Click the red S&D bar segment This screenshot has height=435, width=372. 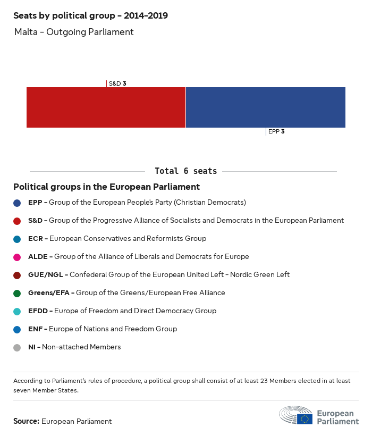tap(106, 107)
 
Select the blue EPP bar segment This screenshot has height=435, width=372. tap(266, 107)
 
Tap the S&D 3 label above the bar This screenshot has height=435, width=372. tap(117, 83)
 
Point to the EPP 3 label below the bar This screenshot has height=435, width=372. tap(276, 131)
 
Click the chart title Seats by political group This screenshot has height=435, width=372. tap(90, 16)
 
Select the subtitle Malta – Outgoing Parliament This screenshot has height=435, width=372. tap(74, 32)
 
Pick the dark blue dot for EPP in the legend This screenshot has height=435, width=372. tap(17, 203)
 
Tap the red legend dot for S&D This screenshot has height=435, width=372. tap(17, 221)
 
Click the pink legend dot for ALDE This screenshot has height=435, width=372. tap(17, 257)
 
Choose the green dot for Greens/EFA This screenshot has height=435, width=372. tap(17, 293)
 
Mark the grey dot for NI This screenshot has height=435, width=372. tap(17, 347)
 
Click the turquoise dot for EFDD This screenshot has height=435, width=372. tap(17, 311)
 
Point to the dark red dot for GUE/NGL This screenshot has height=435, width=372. tap(17, 275)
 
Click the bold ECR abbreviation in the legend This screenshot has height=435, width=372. tap(36, 239)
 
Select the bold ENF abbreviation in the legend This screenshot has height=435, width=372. tap(36, 329)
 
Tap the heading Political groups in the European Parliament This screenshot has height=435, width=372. tap(106, 187)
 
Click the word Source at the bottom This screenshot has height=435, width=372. tap(26, 421)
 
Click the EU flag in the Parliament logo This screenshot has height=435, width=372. tap(305, 419)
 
